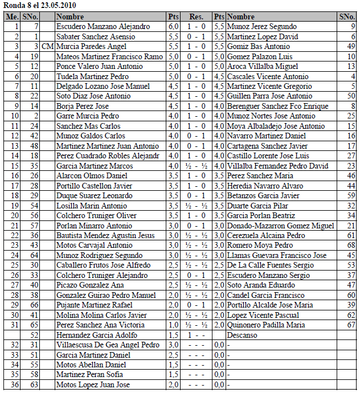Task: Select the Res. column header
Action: pos(197,17)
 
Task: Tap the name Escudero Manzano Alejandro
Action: pos(103,26)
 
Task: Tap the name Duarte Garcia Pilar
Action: pos(255,206)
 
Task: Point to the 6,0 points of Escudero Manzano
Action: pos(174,26)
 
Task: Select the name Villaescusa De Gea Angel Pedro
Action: pos(108,345)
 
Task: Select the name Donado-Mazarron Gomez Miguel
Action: pos(280,226)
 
